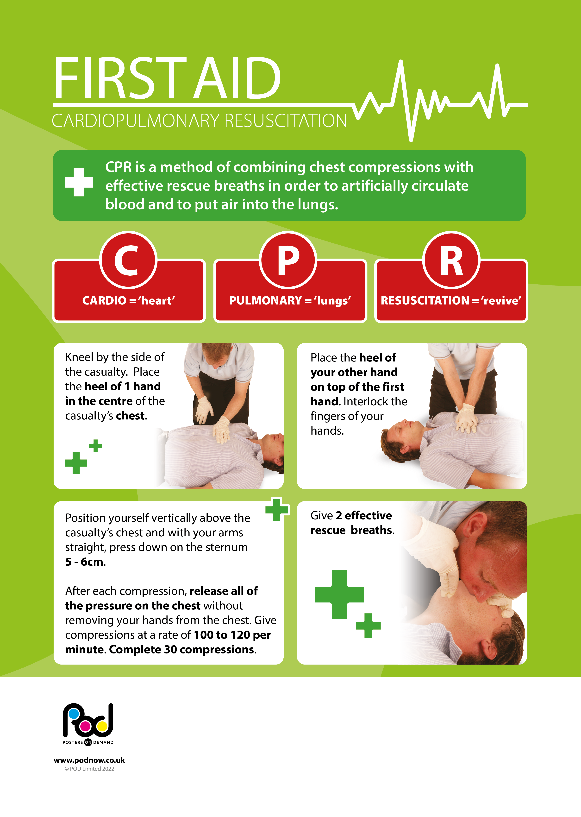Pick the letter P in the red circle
click(288, 260)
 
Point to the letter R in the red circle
click(451, 260)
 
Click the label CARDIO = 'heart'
click(128, 300)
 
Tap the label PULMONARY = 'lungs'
click(290, 300)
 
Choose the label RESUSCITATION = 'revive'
click(451, 300)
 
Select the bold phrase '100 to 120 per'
click(232, 635)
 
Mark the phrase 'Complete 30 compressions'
click(181, 650)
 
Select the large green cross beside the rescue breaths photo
click(339, 594)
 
